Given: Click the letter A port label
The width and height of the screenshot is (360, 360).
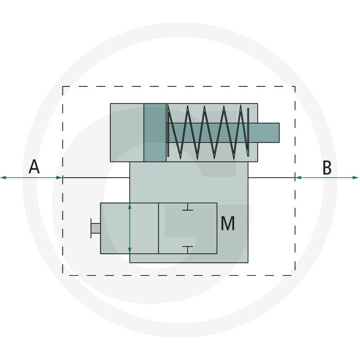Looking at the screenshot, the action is coord(34,166).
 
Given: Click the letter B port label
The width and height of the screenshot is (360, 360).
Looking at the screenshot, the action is coord(327,167).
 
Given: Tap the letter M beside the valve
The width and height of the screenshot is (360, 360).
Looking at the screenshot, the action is coord(228,223).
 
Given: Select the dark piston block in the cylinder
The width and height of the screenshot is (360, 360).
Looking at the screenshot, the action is coord(155,133).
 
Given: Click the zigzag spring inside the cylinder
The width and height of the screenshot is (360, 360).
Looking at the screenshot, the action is coord(208,132).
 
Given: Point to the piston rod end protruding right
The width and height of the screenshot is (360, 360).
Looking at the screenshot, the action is coord(268,133).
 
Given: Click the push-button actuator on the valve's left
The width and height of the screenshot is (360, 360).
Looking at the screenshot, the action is coord(95,228).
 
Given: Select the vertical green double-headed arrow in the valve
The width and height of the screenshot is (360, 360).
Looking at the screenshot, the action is coord(130,228).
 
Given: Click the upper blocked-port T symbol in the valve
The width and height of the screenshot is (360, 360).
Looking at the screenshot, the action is coord(188,207).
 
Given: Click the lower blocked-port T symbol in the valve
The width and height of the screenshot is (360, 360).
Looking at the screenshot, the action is coord(188,250).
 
